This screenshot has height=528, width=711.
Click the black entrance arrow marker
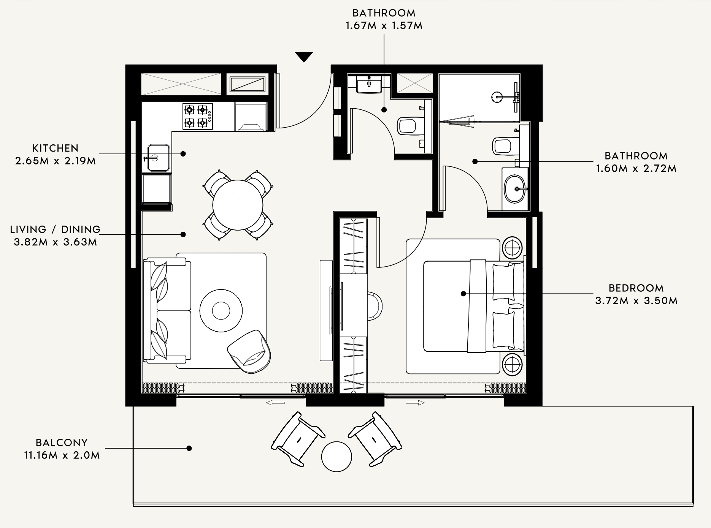[304, 57]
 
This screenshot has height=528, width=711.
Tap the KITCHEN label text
[56, 148]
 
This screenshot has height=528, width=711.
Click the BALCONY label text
[62, 443]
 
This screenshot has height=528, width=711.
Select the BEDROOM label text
[636, 288]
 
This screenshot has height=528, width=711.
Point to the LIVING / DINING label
[56, 229]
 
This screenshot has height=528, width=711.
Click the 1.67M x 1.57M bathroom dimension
[384, 26]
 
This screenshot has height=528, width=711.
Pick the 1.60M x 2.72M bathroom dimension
[636, 168]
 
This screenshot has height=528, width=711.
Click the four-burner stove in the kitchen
[197, 116]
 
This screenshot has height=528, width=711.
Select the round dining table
[238, 205]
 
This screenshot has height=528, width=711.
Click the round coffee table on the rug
[221, 311]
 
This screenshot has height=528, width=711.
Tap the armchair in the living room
[249, 351]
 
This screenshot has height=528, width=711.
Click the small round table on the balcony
[336, 457]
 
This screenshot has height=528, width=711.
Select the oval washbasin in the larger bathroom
[516, 189]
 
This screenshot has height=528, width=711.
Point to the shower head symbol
[496, 97]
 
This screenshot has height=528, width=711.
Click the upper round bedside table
[513, 248]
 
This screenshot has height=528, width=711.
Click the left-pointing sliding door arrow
[275, 403]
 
